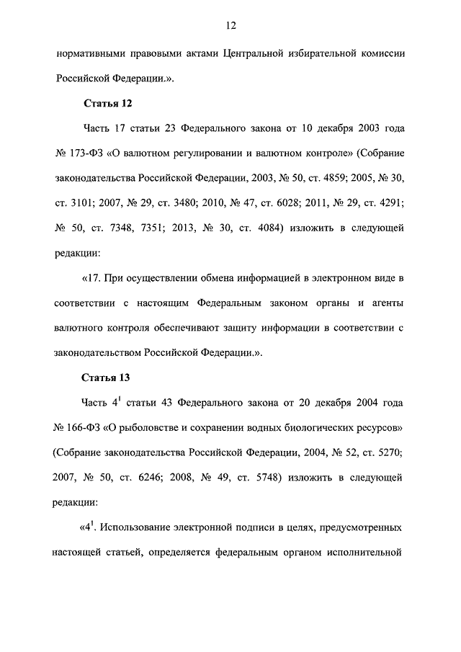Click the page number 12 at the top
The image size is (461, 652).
pyautogui.click(x=230, y=26)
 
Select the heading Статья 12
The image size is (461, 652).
pyautogui.click(x=107, y=102)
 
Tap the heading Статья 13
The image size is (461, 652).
pyautogui.click(x=107, y=376)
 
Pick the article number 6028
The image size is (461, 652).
pyautogui.click(x=287, y=203)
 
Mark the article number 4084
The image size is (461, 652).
pyautogui.click(x=268, y=228)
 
